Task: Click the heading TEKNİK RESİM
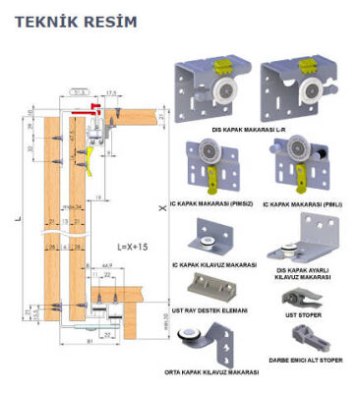pyautogui.click(x=68, y=20)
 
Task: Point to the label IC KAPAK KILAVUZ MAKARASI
pyautogui.click(x=214, y=264)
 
